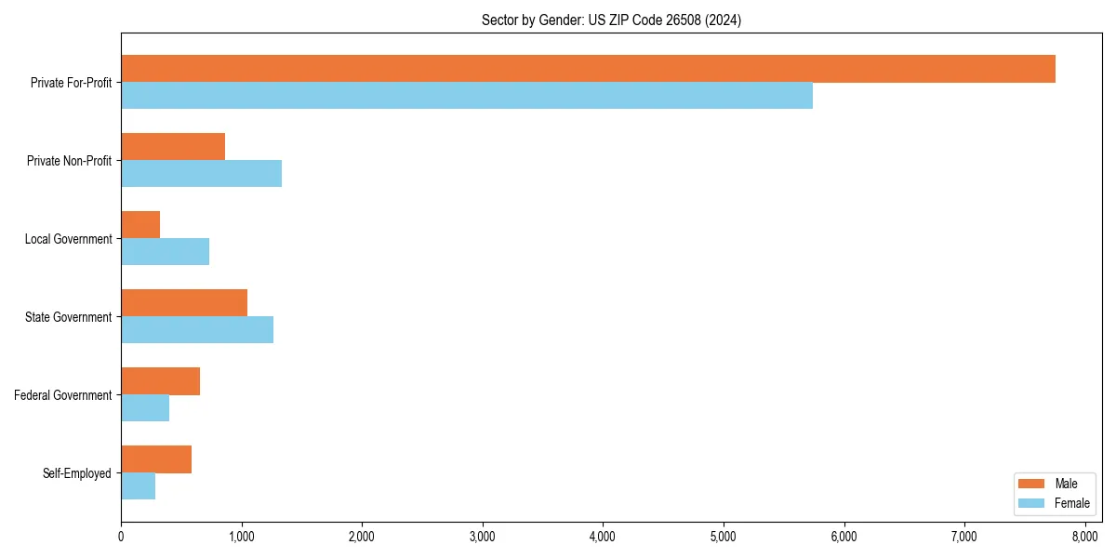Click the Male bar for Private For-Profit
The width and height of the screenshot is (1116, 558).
588,69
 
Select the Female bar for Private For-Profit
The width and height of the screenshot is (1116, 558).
467,96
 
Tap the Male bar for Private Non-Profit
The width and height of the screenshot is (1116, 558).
173,146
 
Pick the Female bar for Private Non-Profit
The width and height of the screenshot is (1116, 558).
201,174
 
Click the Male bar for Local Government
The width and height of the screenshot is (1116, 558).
140,224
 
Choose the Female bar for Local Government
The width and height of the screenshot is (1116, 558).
165,252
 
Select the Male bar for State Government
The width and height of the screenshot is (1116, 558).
184,302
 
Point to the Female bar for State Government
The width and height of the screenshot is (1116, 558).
197,330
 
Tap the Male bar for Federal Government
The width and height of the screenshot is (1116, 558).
160,380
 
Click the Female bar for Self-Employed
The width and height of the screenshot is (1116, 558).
138,486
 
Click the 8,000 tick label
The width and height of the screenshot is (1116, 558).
1085,537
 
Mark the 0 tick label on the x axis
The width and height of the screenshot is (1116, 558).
121,537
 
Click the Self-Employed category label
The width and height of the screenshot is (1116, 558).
77,473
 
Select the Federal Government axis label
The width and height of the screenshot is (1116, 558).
63,395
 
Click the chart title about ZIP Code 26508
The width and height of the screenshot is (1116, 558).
611,20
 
